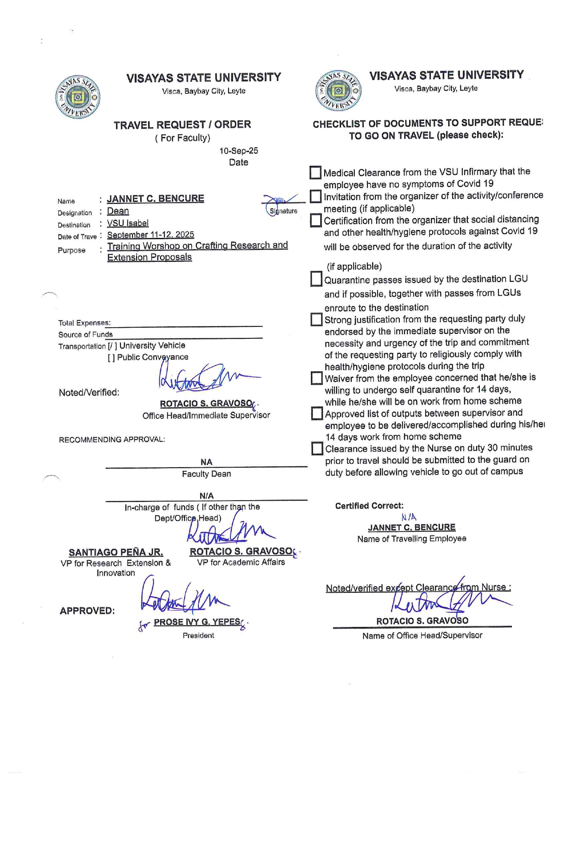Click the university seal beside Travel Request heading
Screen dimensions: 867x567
point(77,96)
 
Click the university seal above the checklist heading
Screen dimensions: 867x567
point(338,90)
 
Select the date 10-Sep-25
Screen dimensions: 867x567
point(238,151)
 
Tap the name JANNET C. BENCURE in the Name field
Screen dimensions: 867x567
point(155,198)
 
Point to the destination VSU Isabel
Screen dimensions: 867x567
point(128,223)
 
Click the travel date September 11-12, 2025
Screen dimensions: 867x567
point(150,235)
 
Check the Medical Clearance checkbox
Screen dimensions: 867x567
point(315,173)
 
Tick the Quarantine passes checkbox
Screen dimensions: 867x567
point(316,279)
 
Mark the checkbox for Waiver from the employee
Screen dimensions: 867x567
point(316,378)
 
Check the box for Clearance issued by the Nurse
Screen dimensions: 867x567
point(317,448)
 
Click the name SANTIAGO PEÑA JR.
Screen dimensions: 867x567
point(116,552)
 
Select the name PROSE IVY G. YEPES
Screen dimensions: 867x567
point(197,622)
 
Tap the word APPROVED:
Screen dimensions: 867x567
point(87,610)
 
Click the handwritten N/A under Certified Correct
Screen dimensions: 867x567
point(409,517)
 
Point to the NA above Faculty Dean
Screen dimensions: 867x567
point(206,462)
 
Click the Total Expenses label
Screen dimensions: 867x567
point(84,323)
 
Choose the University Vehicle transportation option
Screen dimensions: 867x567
point(152,345)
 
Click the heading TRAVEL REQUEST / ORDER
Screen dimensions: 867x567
point(182,124)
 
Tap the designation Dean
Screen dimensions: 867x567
point(118,211)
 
